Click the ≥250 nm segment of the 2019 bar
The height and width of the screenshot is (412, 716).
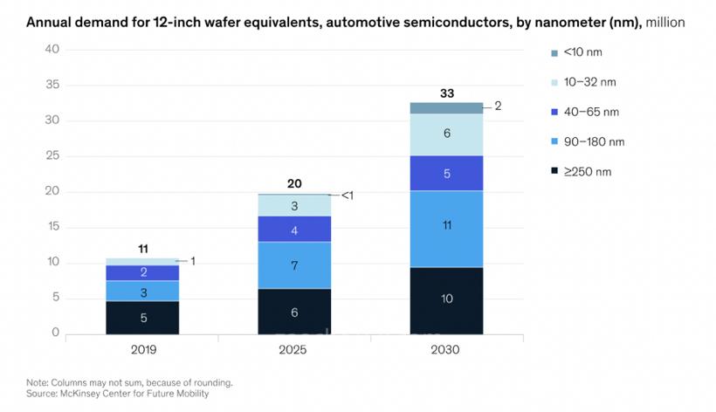(142, 318)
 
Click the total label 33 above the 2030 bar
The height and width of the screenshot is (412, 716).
(446, 93)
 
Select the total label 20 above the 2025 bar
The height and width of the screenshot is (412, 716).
(294, 184)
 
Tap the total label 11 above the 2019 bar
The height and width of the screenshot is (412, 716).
(143, 249)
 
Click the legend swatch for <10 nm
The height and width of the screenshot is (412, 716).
(554, 52)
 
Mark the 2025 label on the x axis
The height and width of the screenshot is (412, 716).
(294, 349)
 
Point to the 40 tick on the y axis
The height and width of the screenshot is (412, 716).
(52, 49)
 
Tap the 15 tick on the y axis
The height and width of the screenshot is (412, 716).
(52, 226)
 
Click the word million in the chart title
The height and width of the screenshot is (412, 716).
(664, 21)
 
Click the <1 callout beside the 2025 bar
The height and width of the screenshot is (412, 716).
(347, 196)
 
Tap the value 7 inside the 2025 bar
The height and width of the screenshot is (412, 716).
(294, 264)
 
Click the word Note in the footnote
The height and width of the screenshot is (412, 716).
(38, 381)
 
